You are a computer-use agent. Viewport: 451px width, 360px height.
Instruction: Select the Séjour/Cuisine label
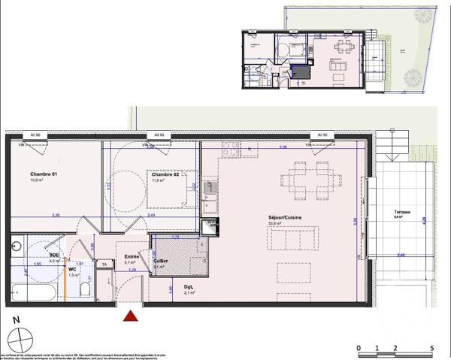pyautogui.click(x=268, y=216)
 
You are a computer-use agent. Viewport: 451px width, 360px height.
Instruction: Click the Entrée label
pyautogui.click(x=132, y=256)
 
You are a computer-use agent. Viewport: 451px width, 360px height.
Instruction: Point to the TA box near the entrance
pyautogui.click(x=104, y=265)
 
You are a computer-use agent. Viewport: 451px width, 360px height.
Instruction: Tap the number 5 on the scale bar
pyautogui.click(x=431, y=348)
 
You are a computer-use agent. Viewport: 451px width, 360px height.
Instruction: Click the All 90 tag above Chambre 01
pyautogui.click(x=35, y=135)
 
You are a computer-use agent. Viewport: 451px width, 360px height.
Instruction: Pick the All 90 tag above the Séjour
pyautogui.click(x=322, y=135)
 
